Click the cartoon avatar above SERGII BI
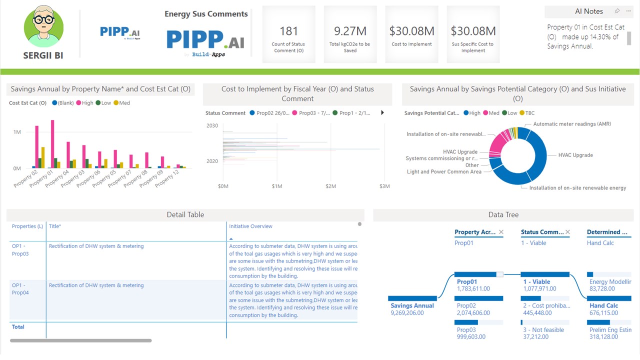click(x=44, y=27)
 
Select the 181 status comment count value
click(x=288, y=31)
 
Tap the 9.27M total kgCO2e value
click(x=350, y=31)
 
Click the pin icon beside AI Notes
click(x=617, y=11)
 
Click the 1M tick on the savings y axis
click(x=17, y=132)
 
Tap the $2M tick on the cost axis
click(x=330, y=186)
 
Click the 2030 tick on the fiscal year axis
click(x=212, y=125)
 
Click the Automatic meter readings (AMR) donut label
click(x=572, y=124)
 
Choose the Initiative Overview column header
click(x=251, y=226)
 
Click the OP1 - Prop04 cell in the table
click(x=20, y=289)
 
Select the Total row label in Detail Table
click(x=18, y=327)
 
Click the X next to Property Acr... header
click(x=501, y=232)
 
